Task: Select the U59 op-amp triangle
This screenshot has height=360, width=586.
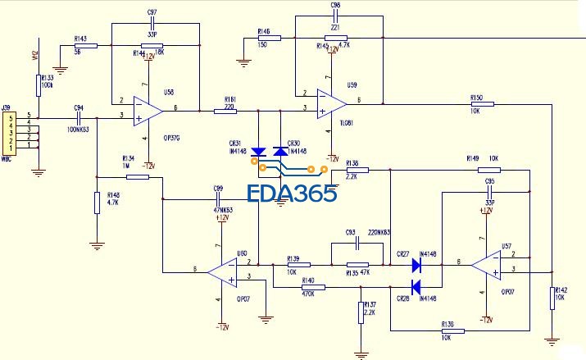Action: click(x=330, y=103)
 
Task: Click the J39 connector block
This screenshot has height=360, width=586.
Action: click(x=11, y=132)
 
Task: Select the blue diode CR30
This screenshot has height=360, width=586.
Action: click(x=282, y=152)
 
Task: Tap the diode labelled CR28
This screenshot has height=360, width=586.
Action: click(x=416, y=287)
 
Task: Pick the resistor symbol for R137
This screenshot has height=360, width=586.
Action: click(x=361, y=312)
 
